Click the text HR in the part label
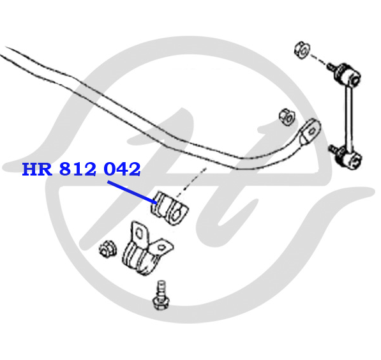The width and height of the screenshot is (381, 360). coord(37,169)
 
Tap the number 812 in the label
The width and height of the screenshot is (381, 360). coord(78,169)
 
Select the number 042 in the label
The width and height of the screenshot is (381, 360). coord(123,169)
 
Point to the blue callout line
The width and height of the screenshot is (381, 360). coord(132,192)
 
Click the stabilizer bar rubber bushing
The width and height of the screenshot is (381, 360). coord(170,208)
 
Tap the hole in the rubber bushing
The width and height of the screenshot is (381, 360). coord(177,214)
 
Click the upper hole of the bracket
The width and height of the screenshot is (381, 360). coord(139,234)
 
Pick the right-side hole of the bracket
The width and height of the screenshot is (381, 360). coord(162,248)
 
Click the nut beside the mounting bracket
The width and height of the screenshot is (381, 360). coord(108,249)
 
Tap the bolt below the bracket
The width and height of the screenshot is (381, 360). coord(161,296)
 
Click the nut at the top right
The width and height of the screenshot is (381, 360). coord(302,50)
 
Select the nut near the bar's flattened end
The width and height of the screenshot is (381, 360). coord(287,117)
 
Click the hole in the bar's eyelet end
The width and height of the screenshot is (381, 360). coord(311,131)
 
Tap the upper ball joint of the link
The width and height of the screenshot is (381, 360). coord(348,73)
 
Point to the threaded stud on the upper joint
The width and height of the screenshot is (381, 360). coord(332,66)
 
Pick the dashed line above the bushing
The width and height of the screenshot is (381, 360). coord(191,183)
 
